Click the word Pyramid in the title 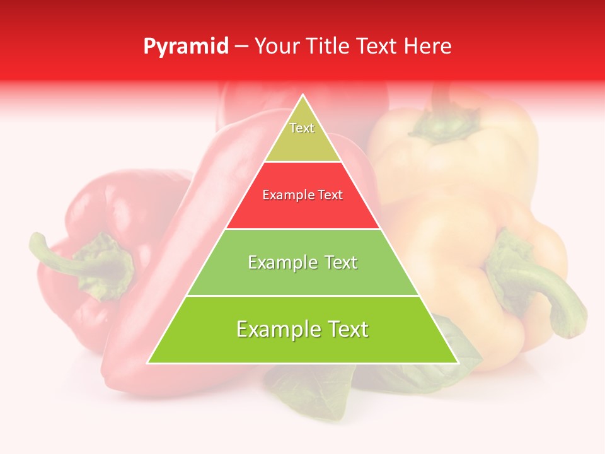click(185, 47)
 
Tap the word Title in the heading click(329, 46)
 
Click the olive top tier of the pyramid click(302, 142)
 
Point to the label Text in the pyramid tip click(302, 128)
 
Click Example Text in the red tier click(302, 195)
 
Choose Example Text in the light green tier click(302, 262)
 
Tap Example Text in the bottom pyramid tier click(302, 329)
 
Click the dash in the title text click(241, 47)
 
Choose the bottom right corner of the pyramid click(457, 363)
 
